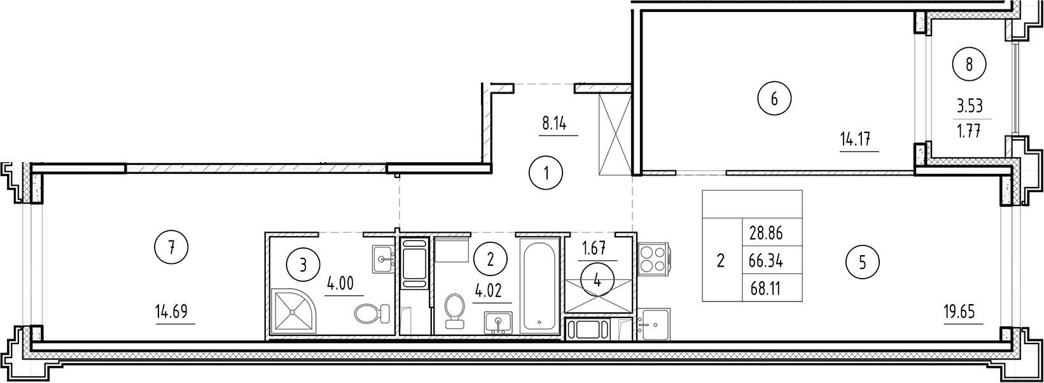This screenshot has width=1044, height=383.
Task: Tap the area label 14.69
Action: tap(174, 312)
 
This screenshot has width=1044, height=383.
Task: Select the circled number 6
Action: tap(774, 99)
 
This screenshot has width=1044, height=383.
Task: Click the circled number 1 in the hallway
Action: tap(546, 172)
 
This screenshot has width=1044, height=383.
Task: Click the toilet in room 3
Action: tap(371, 313)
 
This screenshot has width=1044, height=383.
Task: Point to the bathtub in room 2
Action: tap(539, 284)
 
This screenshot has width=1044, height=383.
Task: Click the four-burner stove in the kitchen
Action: tap(651, 257)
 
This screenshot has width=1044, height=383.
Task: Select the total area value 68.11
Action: tap(766, 289)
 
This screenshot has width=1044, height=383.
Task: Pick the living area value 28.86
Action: tap(766, 233)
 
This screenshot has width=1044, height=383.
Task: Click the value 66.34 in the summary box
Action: tap(766, 261)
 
